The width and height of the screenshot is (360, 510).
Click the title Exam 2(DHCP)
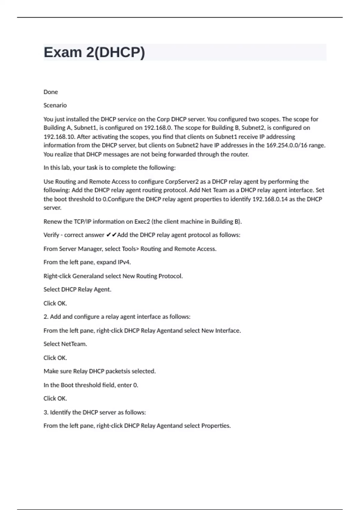point(94,52)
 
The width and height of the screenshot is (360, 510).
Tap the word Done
point(51,92)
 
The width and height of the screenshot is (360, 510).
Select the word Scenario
point(55,105)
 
